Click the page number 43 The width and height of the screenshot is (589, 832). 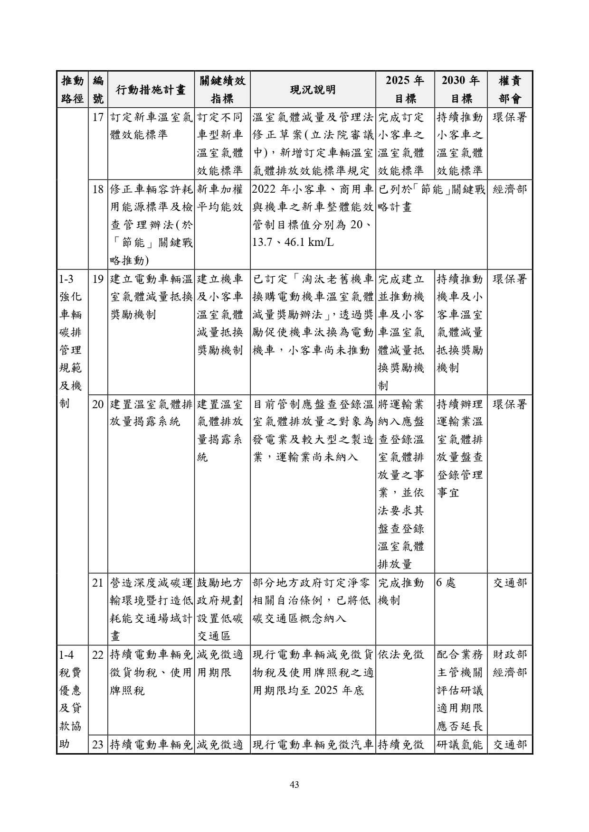tap(294, 785)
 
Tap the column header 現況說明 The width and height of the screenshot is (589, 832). tap(313, 90)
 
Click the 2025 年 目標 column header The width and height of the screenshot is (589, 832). tap(405, 90)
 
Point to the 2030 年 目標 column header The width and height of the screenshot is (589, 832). tap(461, 90)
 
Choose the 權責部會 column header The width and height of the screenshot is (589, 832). tap(510, 90)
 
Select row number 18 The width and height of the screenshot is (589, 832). tap(98, 189)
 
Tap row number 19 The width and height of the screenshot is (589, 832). tap(98, 279)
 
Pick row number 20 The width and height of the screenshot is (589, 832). tap(98, 404)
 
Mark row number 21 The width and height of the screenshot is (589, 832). tap(98, 583)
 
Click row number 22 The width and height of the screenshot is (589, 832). tap(98, 655)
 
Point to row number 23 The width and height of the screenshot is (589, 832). tap(98, 744)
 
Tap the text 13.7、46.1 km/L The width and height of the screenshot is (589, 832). tap(293, 243)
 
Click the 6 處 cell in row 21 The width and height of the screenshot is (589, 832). tap(446, 583)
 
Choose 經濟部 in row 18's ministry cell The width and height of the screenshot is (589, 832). tap(510, 189)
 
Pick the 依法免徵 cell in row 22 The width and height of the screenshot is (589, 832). tap(401, 655)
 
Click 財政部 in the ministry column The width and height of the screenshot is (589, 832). tap(510, 655)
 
